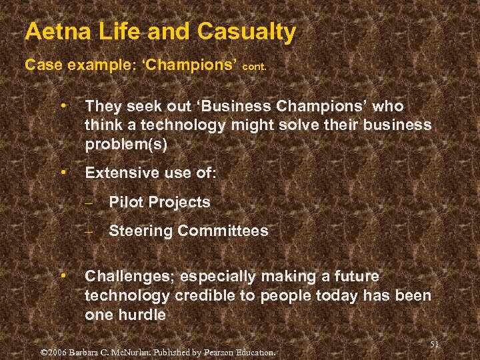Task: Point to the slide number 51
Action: point(435,343)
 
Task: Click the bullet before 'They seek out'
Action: point(62,105)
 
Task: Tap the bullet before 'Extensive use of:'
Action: point(62,172)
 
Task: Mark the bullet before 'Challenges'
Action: point(62,275)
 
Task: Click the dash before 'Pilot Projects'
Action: point(87,202)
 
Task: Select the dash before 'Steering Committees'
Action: point(87,231)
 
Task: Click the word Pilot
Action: point(125,202)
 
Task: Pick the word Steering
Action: point(141,231)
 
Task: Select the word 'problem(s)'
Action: point(126,144)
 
